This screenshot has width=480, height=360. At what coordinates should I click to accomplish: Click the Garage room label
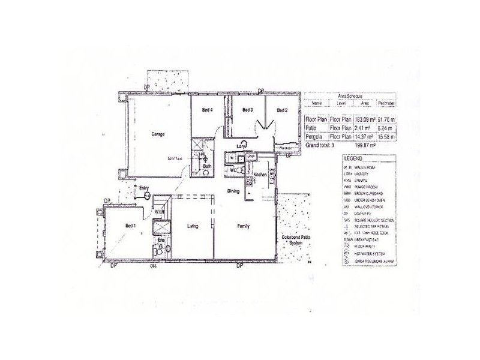[x=158, y=134]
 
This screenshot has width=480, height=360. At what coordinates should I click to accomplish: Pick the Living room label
[x=193, y=226]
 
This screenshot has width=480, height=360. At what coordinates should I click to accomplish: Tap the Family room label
[x=244, y=226]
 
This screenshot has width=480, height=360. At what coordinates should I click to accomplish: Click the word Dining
[x=234, y=191]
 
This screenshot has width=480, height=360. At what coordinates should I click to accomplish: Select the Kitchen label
[x=259, y=175]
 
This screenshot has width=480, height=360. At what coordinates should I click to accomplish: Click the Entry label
[x=143, y=188]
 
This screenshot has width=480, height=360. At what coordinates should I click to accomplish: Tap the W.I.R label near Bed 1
[x=160, y=212]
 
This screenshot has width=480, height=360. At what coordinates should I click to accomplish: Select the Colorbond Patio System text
[x=295, y=241]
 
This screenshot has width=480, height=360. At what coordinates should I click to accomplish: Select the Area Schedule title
[x=351, y=95]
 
